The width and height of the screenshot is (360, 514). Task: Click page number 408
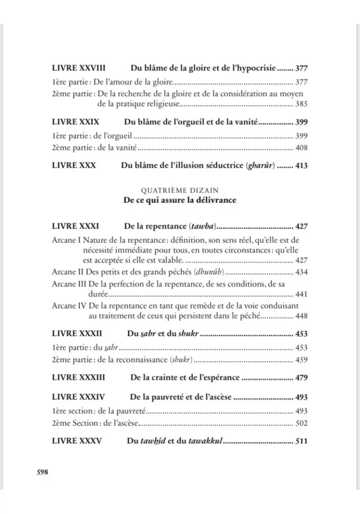tap(301, 147)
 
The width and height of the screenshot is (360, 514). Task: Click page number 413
tap(301, 165)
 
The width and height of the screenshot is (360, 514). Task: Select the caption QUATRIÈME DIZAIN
tap(180, 190)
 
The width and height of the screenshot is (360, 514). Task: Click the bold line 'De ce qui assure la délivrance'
tap(180, 201)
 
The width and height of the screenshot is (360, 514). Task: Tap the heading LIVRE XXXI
tap(75, 226)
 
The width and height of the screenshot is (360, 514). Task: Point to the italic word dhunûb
tap(210, 273)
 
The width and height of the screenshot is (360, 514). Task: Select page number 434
tap(301, 273)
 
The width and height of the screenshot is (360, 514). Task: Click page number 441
tap(301, 295)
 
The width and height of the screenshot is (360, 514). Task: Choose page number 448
tap(301, 316)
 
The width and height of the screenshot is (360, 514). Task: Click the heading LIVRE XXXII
tap(77, 334)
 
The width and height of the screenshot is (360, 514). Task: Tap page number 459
tap(301, 360)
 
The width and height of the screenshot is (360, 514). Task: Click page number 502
tap(301, 423)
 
